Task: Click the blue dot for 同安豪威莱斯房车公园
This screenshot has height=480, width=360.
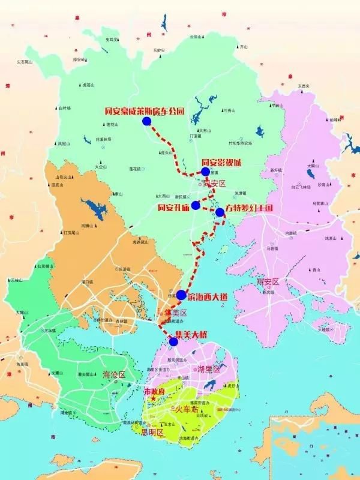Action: click(x=147, y=121)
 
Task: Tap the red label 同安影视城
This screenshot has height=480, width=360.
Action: click(x=221, y=162)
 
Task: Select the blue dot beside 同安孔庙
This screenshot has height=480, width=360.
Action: click(x=196, y=205)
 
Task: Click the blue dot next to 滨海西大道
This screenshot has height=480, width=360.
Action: click(x=181, y=295)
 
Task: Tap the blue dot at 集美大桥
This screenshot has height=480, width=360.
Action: click(x=173, y=342)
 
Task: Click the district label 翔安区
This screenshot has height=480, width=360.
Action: click(x=268, y=281)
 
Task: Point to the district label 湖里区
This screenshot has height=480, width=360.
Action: click(x=209, y=369)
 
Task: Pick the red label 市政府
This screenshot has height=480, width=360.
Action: click(x=156, y=391)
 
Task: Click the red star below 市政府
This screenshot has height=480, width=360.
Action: click(x=154, y=399)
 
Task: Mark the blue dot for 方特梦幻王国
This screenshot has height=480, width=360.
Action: click(x=220, y=212)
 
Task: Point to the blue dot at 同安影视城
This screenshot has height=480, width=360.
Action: click(x=206, y=172)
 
